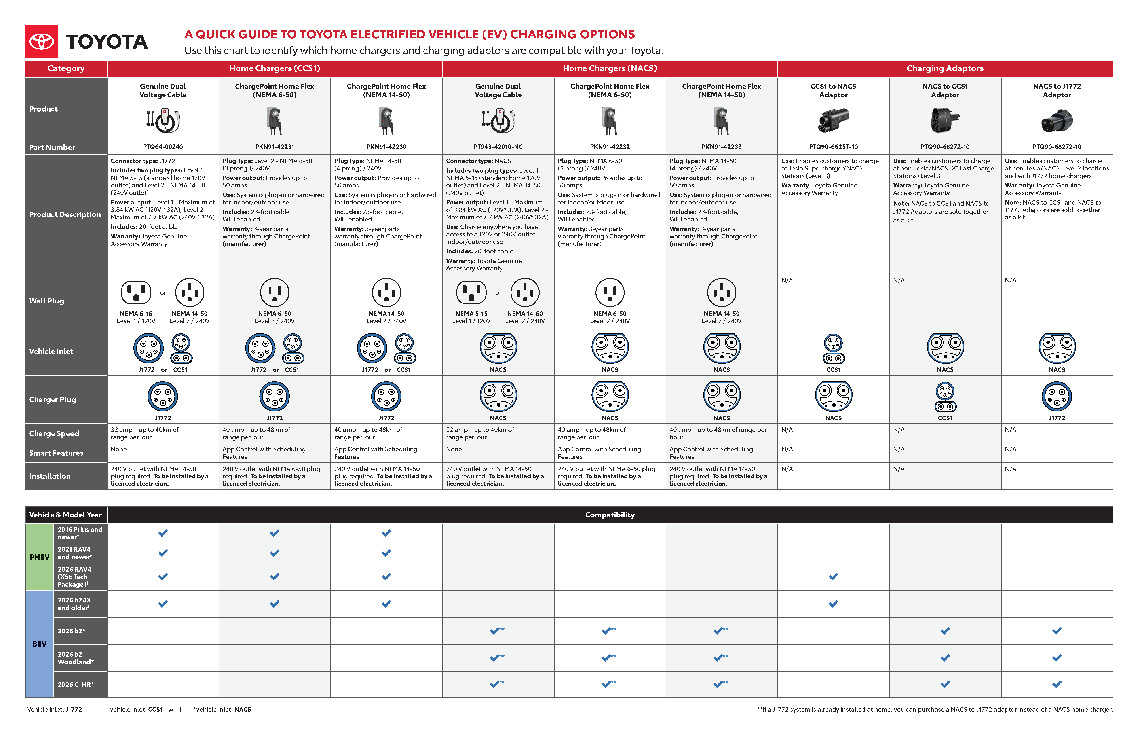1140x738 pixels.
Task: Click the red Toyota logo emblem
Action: point(42,42)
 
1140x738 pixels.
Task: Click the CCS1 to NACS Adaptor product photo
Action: point(834,120)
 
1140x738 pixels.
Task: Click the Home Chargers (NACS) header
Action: point(610,68)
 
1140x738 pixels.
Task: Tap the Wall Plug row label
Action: point(46,301)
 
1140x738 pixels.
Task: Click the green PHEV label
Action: point(39,557)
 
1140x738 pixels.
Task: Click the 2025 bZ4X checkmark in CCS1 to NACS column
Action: point(834,604)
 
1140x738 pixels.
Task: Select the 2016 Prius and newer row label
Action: point(80,533)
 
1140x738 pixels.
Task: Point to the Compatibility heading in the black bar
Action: point(610,515)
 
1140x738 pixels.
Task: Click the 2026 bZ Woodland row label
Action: point(76,658)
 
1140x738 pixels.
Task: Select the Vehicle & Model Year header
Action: point(66,515)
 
